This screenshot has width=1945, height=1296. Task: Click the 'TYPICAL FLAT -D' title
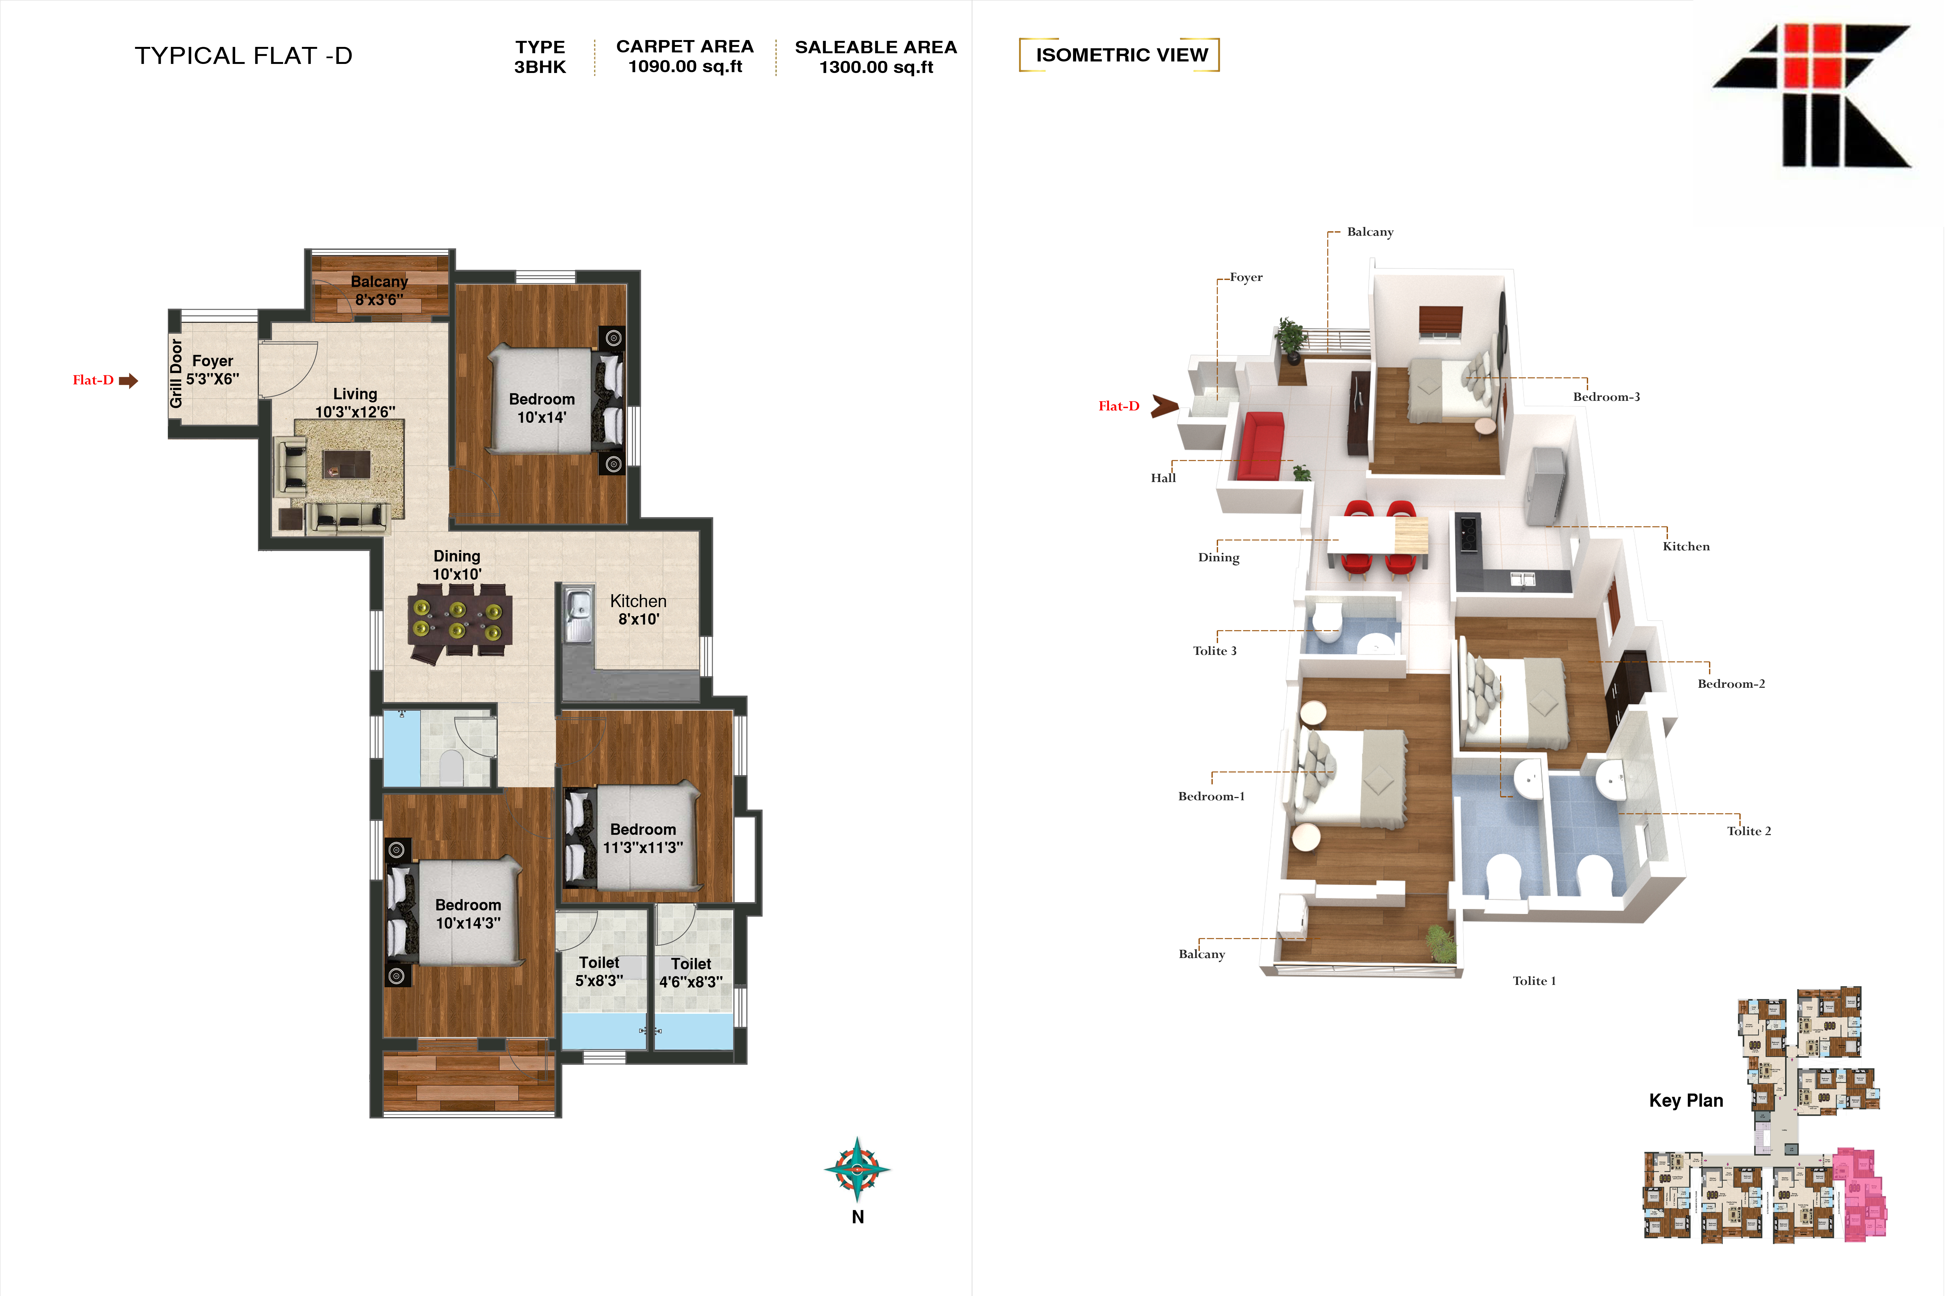(x=244, y=55)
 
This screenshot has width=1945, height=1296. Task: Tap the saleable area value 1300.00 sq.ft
(x=876, y=67)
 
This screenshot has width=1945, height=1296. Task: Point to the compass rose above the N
(x=857, y=1169)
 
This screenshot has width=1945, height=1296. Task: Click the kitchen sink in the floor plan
(x=579, y=613)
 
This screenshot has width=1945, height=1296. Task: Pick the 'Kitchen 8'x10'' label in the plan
(x=638, y=610)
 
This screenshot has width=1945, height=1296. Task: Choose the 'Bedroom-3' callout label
(x=1606, y=397)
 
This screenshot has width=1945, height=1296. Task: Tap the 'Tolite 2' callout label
(x=1748, y=831)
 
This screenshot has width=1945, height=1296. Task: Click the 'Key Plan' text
(x=1685, y=1100)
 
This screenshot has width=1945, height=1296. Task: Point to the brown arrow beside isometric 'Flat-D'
(x=1165, y=406)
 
